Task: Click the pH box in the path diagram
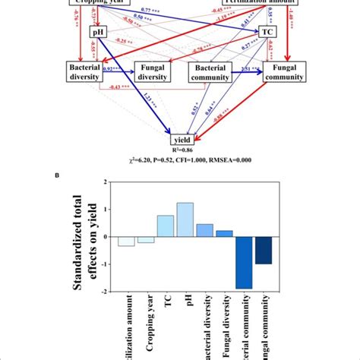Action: [98, 33]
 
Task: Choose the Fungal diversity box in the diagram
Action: [156, 72]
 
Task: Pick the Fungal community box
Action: [286, 72]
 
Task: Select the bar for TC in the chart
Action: [166, 226]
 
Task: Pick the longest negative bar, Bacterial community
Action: [245, 263]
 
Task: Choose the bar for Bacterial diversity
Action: [204, 230]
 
